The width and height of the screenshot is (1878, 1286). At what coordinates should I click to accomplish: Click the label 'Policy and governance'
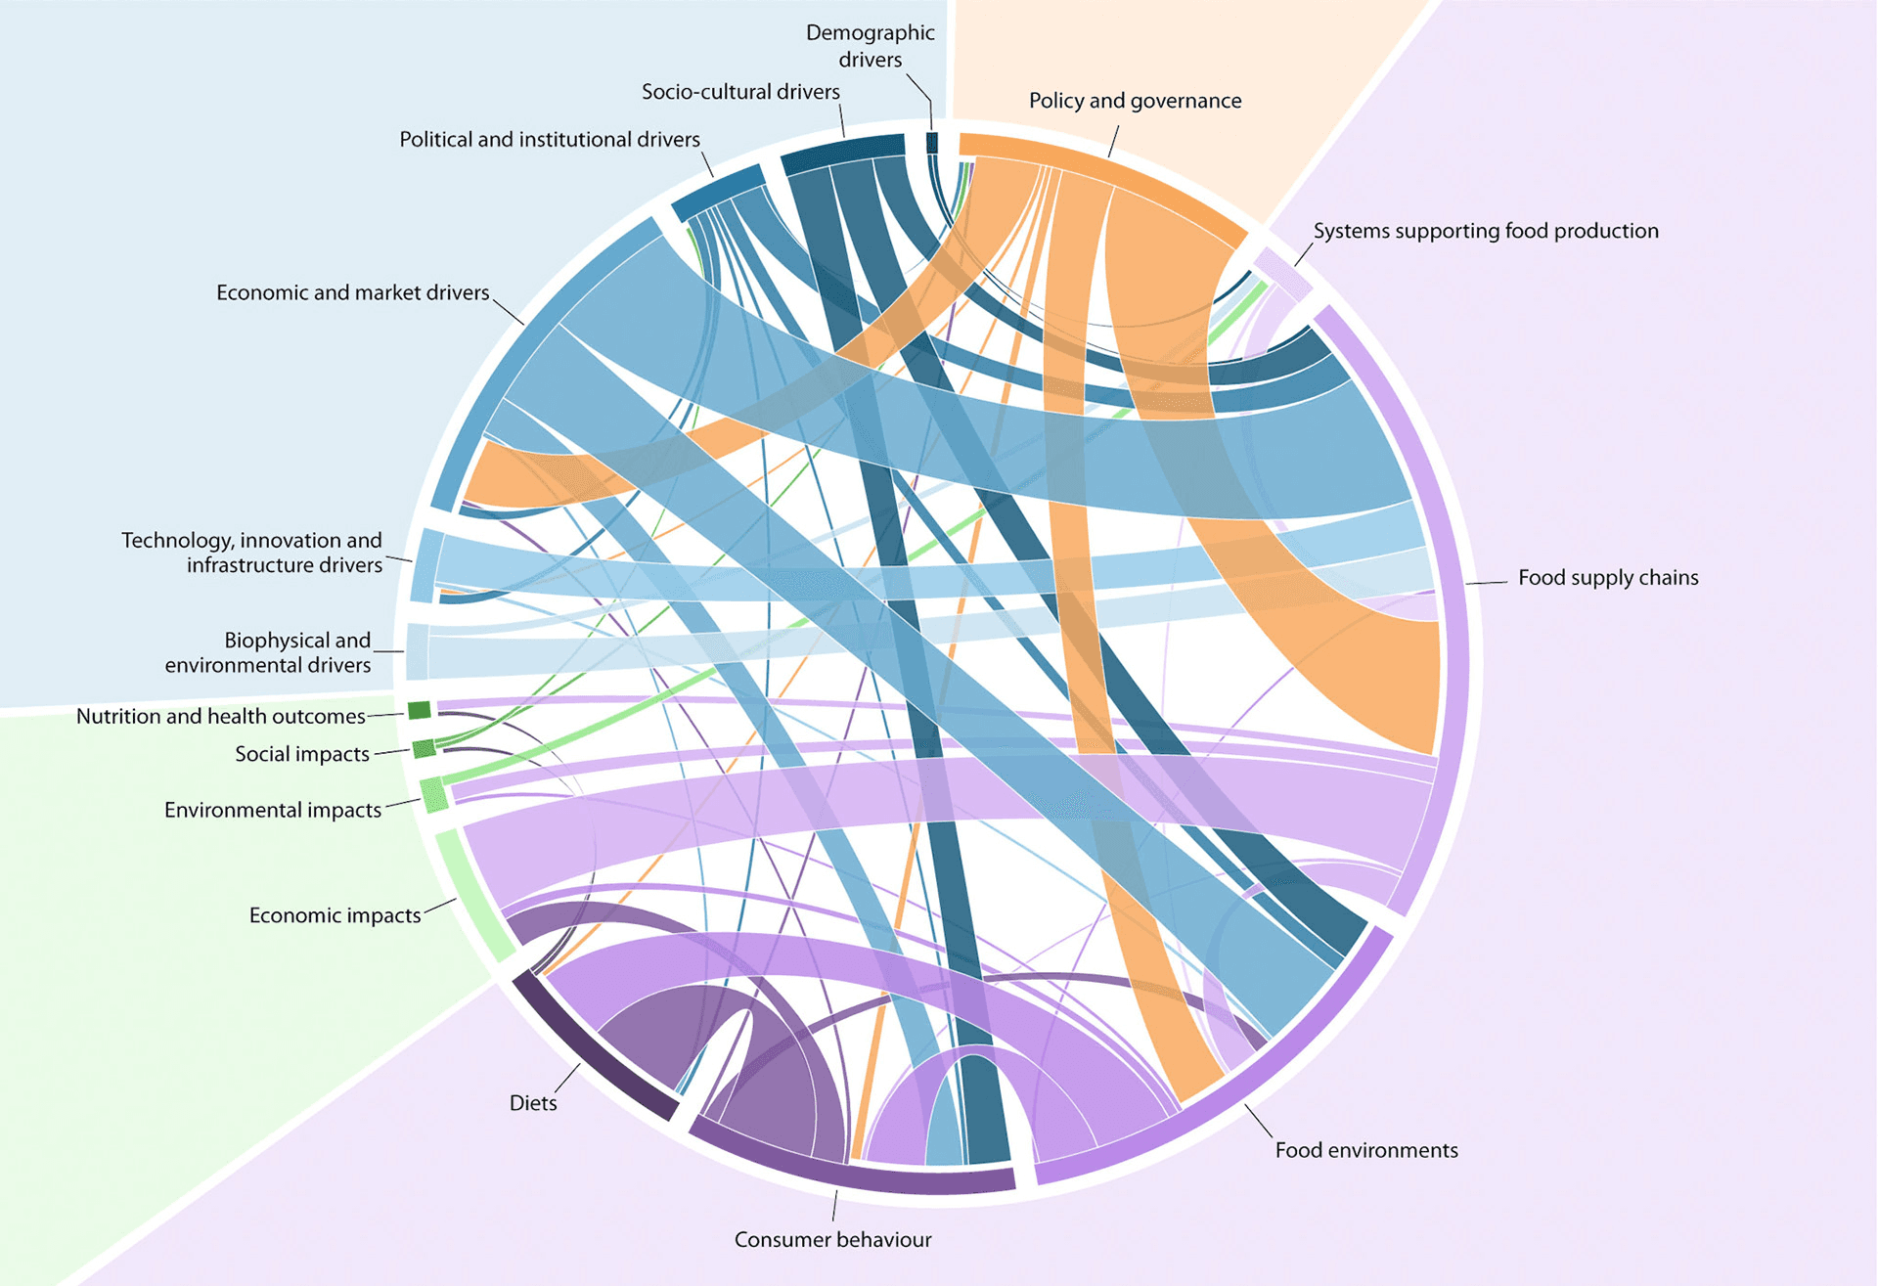[1135, 101]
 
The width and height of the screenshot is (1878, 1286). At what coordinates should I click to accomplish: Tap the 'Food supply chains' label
[1607, 578]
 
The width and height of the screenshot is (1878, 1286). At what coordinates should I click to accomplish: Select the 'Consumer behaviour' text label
[832, 1240]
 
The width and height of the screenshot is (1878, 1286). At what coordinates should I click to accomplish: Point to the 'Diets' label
[533, 1103]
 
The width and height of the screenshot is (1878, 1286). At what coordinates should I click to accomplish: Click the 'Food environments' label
[1365, 1150]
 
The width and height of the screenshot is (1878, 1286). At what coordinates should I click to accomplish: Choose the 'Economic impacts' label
[335, 915]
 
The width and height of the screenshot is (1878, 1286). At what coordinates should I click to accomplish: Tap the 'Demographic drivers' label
[870, 46]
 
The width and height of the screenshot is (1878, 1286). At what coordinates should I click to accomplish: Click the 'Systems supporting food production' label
[1485, 231]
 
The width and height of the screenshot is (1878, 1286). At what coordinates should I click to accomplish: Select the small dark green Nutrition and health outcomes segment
[419, 710]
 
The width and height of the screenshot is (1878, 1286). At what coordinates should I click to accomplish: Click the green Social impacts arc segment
[424, 749]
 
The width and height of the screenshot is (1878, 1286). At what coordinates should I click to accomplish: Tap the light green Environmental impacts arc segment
[433, 794]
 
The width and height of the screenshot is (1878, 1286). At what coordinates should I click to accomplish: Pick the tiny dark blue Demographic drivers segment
[932, 143]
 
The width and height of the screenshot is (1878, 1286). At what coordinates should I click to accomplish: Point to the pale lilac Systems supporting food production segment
[1282, 272]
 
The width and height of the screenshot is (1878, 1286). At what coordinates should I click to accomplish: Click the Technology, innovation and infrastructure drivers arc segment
[425, 565]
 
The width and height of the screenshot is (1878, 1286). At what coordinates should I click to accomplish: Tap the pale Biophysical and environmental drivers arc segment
[417, 651]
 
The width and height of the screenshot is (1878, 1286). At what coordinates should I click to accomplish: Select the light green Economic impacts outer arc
[473, 896]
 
